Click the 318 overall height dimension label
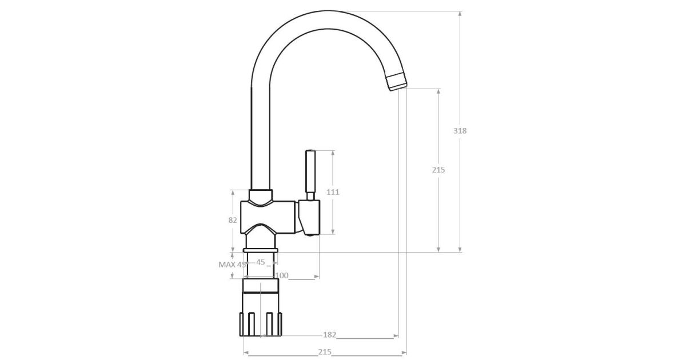pyautogui.click(x=460, y=131)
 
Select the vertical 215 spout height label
pyautogui.click(x=438, y=170)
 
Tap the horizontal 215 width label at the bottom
pyautogui.click(x=325, y=352)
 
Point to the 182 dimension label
pyautogui.click(x=329, y=335)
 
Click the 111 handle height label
pyautogui.click(x=333, y=192)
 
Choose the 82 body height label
pyautogui.click(x=233, y=220)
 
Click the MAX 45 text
pyautogui.click(x=232, y=265)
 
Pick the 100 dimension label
pyautogui.click(x=282, y=275)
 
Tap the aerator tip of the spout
pyautogui.click(x=396, y=82)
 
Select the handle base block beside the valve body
pyautogui.click(x=309, y=218)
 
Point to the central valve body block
pyautogui.click(x=268, y=217)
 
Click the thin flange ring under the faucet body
pyautogui.click(x=260, y=250)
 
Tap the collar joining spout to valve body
pyautogui.click(x=260, y=198)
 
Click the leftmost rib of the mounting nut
pyautogui.click(x=241, y=324)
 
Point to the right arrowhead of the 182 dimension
pyautogui.click(x=396, y=336)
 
